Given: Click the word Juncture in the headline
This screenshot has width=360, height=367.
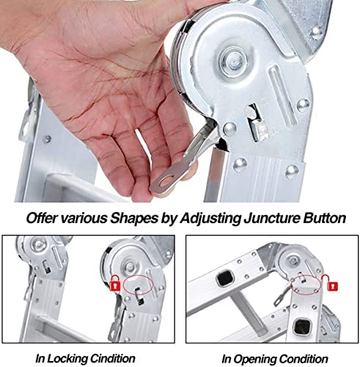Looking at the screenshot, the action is pyautogui.click(x=271, y=218).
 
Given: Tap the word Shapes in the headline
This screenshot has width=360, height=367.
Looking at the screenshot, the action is pyautogui.click(x=133, y=218).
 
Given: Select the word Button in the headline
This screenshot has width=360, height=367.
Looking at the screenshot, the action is pyautogui.click(x=324, y=218).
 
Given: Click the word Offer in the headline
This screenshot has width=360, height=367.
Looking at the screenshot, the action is pyautogui.click(x=42, y=218).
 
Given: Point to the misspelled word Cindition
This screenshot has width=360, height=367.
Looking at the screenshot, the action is pyautogui.click(x=113, y=359).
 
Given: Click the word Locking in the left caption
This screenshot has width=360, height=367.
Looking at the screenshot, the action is pyautogui.click(x=67, y=359).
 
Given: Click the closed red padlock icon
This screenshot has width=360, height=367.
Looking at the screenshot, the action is pyautogui.click(x=115, y=283).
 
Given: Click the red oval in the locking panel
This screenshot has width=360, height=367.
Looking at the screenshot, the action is pyautogui.click(x=138, y=285).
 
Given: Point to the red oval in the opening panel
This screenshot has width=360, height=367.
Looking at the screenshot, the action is pyautogui.click(x=306, y=285).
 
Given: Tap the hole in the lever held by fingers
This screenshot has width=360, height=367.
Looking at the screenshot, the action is pyautogui.click(x=168, y=181).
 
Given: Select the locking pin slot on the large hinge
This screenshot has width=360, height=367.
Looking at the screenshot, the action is pyautogui.click(x=255, y=123).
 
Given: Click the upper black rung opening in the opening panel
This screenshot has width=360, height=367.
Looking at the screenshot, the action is pyautogui.click(x=225, y=277).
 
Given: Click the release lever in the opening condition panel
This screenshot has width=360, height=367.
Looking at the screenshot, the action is pyautogui.click(x=283, y=295).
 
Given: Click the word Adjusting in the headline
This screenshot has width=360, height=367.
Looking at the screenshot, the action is pyautogui.click(x=211, y=218).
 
